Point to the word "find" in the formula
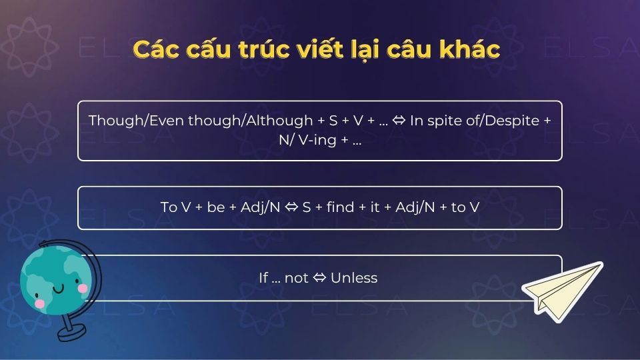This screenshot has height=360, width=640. tap(341, 207)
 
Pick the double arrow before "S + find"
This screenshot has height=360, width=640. tap(291, 207)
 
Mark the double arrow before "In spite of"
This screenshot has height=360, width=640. tap(399, 121)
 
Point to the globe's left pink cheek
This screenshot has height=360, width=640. tap(40, 303)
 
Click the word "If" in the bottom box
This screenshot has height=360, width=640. tap(263, 278)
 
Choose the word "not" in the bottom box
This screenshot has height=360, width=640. tap(297, 278)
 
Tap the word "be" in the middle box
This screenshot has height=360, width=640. tap(216, 207)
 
